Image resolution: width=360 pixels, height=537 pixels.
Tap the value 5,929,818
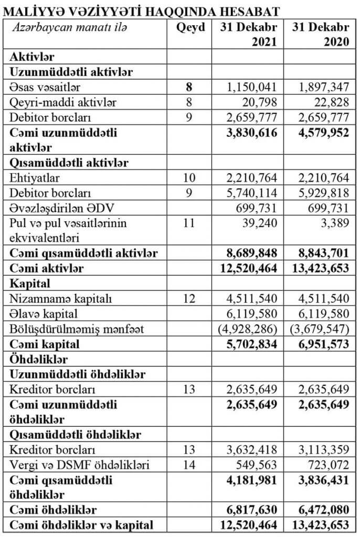coord(323,194)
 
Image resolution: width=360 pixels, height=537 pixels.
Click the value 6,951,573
coord(321,345)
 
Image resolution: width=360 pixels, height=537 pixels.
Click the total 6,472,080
coord(321,510)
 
